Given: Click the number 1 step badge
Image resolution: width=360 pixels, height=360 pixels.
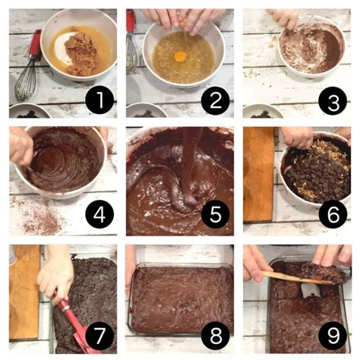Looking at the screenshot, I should [x=99, y=99].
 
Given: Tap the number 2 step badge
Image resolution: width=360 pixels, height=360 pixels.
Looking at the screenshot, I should [x=216, y=99].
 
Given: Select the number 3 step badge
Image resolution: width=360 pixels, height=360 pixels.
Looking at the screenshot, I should [x=333, y=99].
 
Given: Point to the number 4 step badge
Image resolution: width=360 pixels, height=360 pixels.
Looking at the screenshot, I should [x=99, y=215].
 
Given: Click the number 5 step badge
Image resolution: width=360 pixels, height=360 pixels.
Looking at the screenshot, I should [x=216, y=215].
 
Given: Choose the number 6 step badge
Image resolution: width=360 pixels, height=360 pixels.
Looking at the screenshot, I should [x=333, y=215].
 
